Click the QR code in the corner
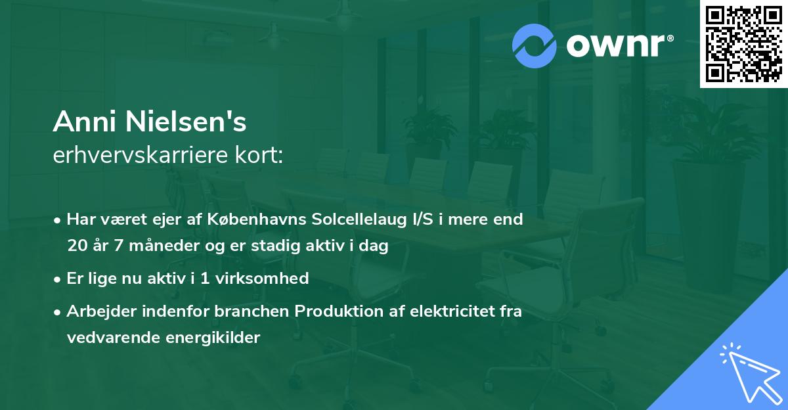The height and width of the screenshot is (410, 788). coord(743,44)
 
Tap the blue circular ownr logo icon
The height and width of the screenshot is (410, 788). coord(535,45)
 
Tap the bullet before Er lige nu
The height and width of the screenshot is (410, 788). coord(58,279)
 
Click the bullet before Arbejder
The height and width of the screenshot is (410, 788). coord(58,311)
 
